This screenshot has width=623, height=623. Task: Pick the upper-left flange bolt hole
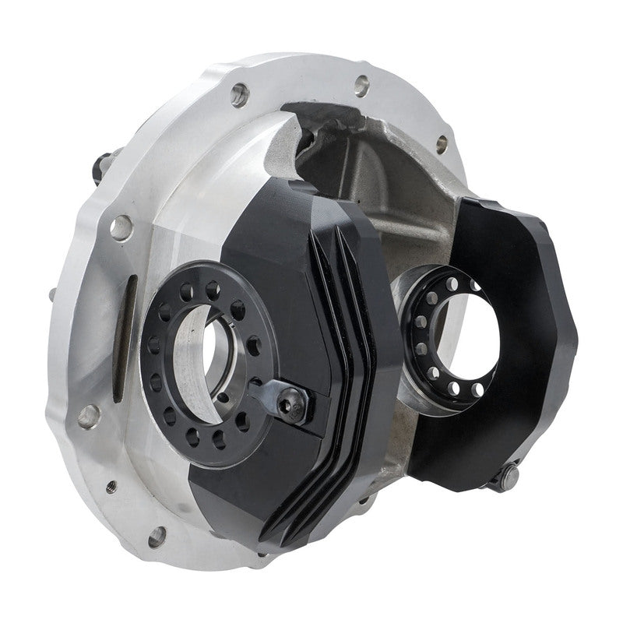pyautogui.click(x=239, y=95)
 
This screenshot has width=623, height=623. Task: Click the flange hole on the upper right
pyautogui.click(x=442, y=142)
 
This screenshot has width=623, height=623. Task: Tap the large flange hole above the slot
pyautogui.click(x=121, y=227)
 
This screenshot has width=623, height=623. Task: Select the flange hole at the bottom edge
pyautogui.click(x=157, y=534)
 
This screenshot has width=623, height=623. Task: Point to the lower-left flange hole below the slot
pyautogui.click(x=87, y=414)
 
